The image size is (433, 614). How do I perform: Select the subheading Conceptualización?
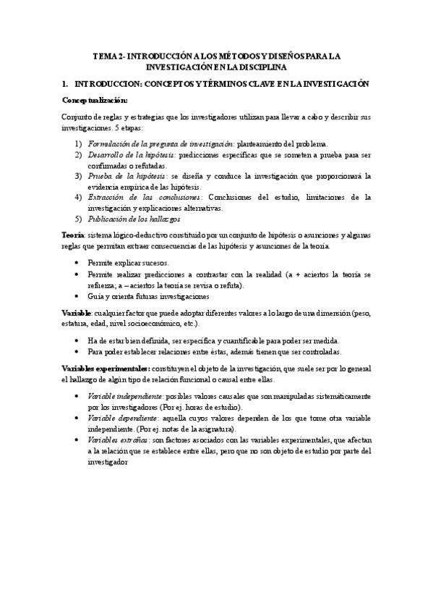coord(95,99)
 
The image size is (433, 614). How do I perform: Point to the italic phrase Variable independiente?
coord(124,398)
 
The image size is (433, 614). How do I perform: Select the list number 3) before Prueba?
coord(79,175)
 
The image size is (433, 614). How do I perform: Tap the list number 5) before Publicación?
coord(79,218)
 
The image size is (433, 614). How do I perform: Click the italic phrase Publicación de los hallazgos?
coord(134,218)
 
